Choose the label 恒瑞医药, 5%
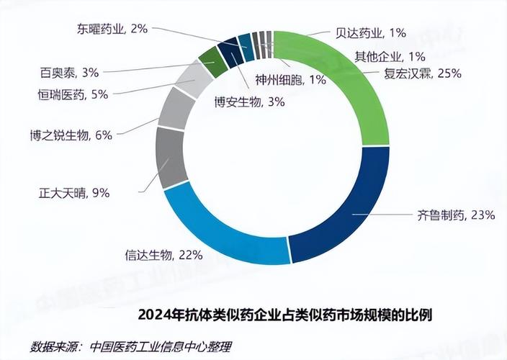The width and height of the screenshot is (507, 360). point(73,94)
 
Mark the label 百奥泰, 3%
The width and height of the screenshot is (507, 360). point(70,72)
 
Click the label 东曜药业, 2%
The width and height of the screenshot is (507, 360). point(112,29)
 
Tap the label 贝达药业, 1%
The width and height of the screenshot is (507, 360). point(372,32)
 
